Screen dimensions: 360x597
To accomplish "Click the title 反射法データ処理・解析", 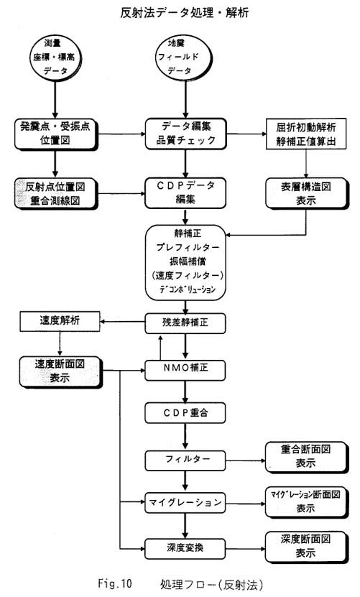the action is point(185,12).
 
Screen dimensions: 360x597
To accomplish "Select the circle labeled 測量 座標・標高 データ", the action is point(55,56).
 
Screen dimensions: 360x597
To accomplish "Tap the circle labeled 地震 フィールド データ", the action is point(185,56).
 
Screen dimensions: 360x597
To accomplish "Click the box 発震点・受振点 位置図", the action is point(56,134).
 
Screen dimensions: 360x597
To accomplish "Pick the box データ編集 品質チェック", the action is point(185,134).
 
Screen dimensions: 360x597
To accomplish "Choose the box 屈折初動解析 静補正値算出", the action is point(306,134).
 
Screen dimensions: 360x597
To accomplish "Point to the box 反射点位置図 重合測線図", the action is point(56,194).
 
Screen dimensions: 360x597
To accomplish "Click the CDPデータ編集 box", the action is point(185,193).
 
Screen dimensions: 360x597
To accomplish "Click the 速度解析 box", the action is point(60,321).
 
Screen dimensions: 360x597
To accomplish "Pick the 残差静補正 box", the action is point(185,323).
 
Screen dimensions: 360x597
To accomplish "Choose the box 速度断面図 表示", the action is point(61,372).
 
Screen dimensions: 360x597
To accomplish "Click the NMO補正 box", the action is point(185,370).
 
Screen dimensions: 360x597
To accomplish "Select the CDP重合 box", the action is point(185,414).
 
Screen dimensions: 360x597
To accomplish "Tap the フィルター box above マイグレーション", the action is point(185,461).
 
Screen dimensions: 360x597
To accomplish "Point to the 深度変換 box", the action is point(185,549).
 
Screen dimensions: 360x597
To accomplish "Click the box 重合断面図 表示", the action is point(307,457).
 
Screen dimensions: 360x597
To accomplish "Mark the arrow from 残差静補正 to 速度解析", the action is point(122,322).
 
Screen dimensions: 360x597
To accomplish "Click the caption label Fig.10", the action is point(115,583).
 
